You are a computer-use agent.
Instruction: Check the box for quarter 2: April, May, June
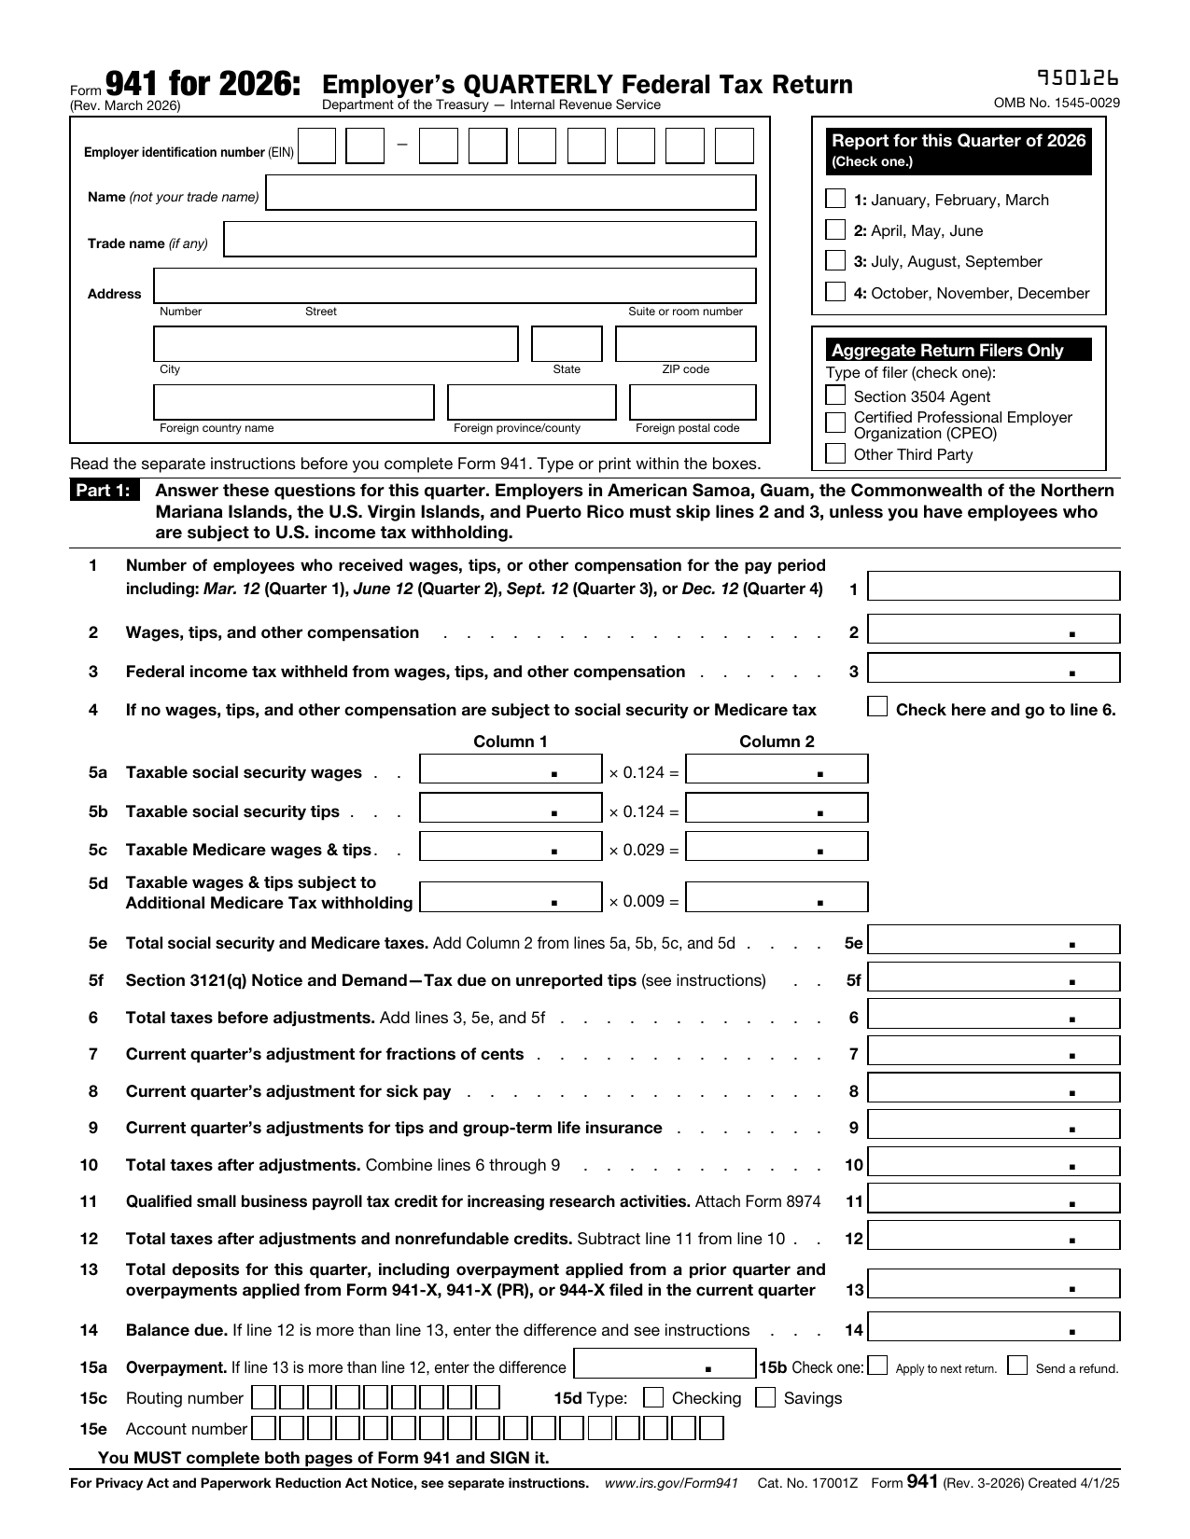pos(835,230)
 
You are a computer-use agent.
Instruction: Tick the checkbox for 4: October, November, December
pos(835,293)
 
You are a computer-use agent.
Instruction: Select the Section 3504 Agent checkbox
pos(835,396)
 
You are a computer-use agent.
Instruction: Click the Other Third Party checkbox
pos(835,454)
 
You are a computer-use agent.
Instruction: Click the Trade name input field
pos(490,240)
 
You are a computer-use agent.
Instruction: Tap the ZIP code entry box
pos(685,344)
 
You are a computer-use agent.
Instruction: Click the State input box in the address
pos(567,344)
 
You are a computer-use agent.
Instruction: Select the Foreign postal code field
pos(692,403)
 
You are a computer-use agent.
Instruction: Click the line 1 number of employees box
pos(993,587)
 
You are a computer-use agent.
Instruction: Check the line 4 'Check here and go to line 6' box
pos(877,707)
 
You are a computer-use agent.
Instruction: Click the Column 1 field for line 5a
pos(511,769)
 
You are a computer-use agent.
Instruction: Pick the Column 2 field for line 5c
pos(776,847)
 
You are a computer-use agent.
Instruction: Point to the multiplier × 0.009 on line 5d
pos(643,901)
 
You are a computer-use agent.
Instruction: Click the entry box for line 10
pos(993,1162)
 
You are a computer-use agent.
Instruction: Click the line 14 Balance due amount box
pos(993,1327)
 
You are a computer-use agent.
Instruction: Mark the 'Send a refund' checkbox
pos(1018,1366)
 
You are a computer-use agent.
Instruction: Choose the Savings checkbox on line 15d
pos(765,1397)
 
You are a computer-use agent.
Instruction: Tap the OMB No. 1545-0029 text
pos(1057,104)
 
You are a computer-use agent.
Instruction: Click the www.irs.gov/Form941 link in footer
pos(671,1483)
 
